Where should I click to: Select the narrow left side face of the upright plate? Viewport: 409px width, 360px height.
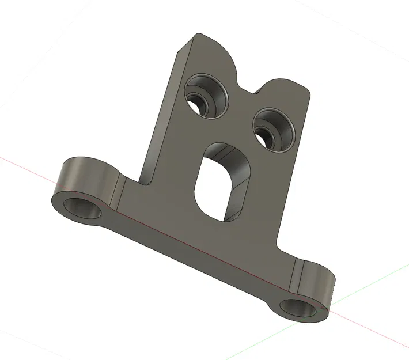pyautogui.click(x=162, y=115)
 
